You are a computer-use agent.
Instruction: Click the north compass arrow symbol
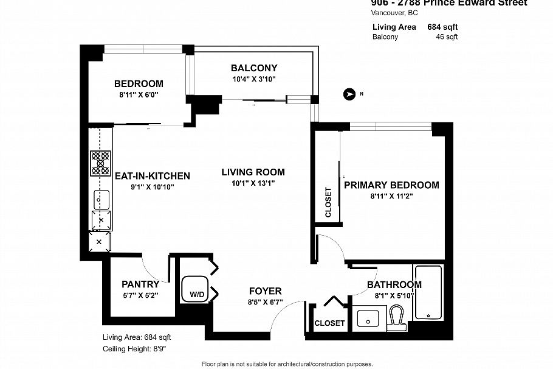349,94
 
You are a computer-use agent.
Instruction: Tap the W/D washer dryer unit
197,290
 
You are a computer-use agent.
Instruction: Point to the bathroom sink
368,318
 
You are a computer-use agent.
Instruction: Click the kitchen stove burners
100,164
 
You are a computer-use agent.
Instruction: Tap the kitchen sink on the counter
101,199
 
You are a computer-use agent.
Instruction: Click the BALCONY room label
254,68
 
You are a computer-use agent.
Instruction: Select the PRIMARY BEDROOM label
391,185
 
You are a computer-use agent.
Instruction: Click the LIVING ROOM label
253,172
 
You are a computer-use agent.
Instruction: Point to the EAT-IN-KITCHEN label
153,176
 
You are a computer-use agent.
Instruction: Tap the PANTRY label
140,284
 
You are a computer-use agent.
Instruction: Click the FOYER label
265,291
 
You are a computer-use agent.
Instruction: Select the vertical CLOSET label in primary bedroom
328,202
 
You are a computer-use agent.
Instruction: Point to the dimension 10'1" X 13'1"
253,183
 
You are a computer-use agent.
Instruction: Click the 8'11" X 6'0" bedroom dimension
139,95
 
